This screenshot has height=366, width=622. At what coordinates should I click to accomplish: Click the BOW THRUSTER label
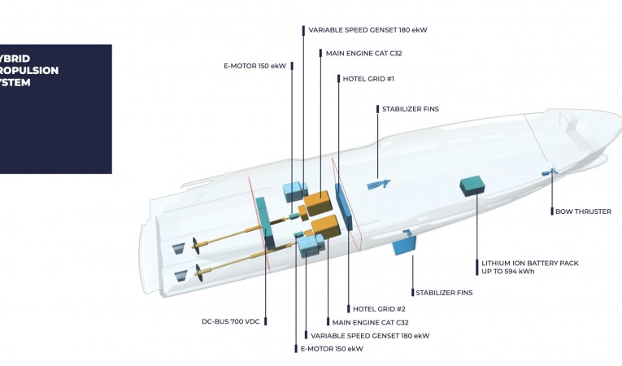click(x=583, y=211)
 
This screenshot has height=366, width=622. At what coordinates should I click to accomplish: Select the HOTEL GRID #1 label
click(x=368, y=79)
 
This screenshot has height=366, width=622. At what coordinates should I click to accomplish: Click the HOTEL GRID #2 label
click(x=379, y=308)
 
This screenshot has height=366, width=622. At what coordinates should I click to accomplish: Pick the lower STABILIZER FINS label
click(x=444, y=292)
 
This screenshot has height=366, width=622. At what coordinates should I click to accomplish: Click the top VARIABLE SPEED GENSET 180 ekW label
click(x=368, y=30)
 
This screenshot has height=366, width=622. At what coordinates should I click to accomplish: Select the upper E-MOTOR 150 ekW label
click(x=254, y=66)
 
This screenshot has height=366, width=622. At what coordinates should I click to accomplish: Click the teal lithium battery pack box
click(x=472, y=186)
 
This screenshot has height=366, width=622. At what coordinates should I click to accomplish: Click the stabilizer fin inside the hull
click(x=377, y=184)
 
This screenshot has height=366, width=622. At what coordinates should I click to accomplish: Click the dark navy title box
click(x=55, y=108)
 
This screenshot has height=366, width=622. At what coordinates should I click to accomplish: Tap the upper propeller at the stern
click(x=197, y=244)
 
